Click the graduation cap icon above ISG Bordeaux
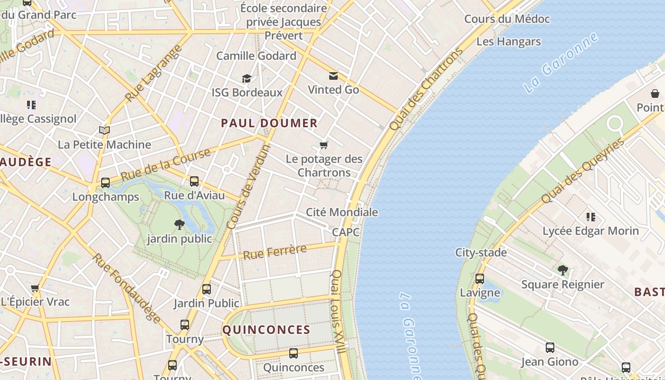point(247,78)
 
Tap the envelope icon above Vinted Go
point(333,76)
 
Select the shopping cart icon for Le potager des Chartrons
point(324,145)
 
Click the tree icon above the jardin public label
point(179,224)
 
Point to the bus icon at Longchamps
point(105,183)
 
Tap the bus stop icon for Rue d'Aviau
point(194,181)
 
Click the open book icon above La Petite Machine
point(104,130)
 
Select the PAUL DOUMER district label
point(269,123)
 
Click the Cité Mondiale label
point(342,212)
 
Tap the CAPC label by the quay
point(346,232)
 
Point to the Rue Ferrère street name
point(275,251)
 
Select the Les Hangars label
point(508,41)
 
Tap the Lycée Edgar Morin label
point(590,231)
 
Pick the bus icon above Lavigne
point(480,279)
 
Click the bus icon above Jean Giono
point(550,348)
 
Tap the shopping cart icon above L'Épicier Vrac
point(35,288)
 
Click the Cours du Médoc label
point(507,19)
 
